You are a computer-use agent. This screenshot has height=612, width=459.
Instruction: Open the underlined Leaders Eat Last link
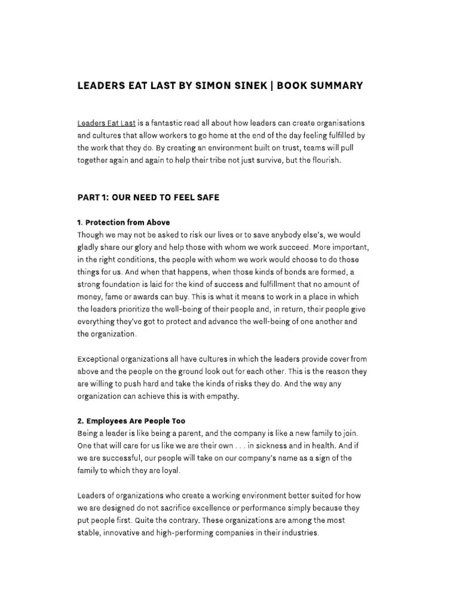106,123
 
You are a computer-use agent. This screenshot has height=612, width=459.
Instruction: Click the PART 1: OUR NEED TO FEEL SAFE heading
148,198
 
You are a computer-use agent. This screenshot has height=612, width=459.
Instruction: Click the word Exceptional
100,359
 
